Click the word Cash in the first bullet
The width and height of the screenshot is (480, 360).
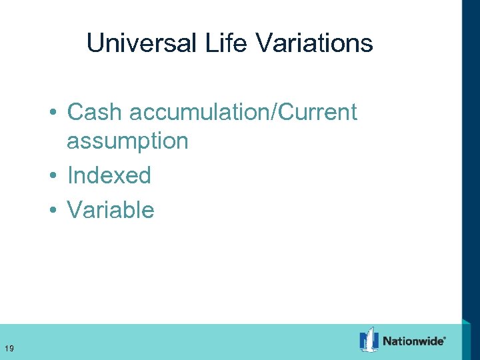click(95, 112)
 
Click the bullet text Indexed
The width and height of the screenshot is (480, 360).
click(109, 176)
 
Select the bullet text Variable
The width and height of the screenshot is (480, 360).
click(111, 210)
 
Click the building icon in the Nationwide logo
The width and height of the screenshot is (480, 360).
click(369, 340)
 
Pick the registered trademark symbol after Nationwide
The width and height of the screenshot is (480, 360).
click(445, 337)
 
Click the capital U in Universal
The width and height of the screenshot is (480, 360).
click(95, 44)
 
